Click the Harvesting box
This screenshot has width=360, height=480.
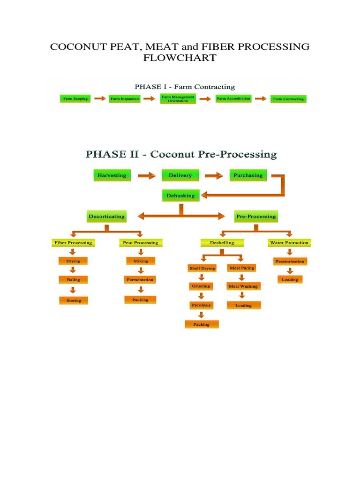[112, 176]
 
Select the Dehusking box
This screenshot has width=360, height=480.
[181, 195]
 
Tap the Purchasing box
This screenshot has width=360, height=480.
[248, 176]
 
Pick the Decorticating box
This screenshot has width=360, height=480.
[107, 217]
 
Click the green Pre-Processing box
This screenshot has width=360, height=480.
[255, 217]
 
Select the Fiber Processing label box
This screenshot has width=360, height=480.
[73, 243]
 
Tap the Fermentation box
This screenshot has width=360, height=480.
[140, 280]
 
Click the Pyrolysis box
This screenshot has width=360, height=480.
[201, 305]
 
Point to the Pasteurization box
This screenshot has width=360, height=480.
[290, 262]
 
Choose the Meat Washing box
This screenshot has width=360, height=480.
[243, 286]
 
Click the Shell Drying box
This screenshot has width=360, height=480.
[202, 268]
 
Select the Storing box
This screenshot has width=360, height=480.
[74, 300]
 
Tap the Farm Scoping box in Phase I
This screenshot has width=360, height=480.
[75, 99]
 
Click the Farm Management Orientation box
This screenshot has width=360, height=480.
[178, 99]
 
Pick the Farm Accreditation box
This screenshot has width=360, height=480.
[233, 98]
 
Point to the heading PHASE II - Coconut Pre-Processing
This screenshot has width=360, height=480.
[180, 154]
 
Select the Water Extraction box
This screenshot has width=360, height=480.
[289, 243]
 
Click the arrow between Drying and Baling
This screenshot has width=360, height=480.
[73, 270]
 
